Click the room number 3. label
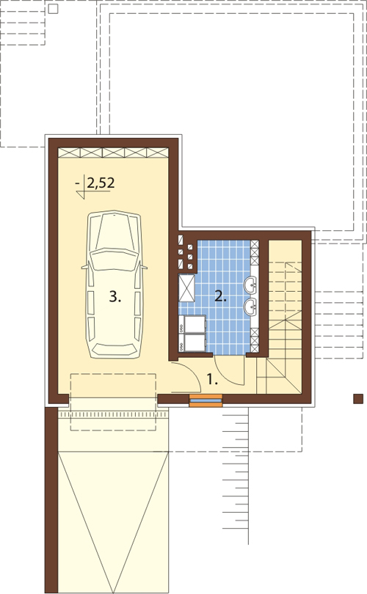tap(115, 296)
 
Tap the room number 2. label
tap(220, 296)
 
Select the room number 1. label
tap(212, 379)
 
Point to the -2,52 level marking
tap(95, 184)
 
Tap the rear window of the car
tap(114, 349)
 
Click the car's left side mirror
tap(84, 267)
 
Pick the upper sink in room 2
tap(250, 285)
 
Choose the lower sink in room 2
tap(250, 306)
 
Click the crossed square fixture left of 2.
tap(187, 288)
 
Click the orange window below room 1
tap(206, 400)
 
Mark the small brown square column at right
tap(358, 398)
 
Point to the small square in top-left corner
tap(54, 9)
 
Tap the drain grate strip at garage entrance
tap(112, 415)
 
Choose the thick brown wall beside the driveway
tap(51, 500)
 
